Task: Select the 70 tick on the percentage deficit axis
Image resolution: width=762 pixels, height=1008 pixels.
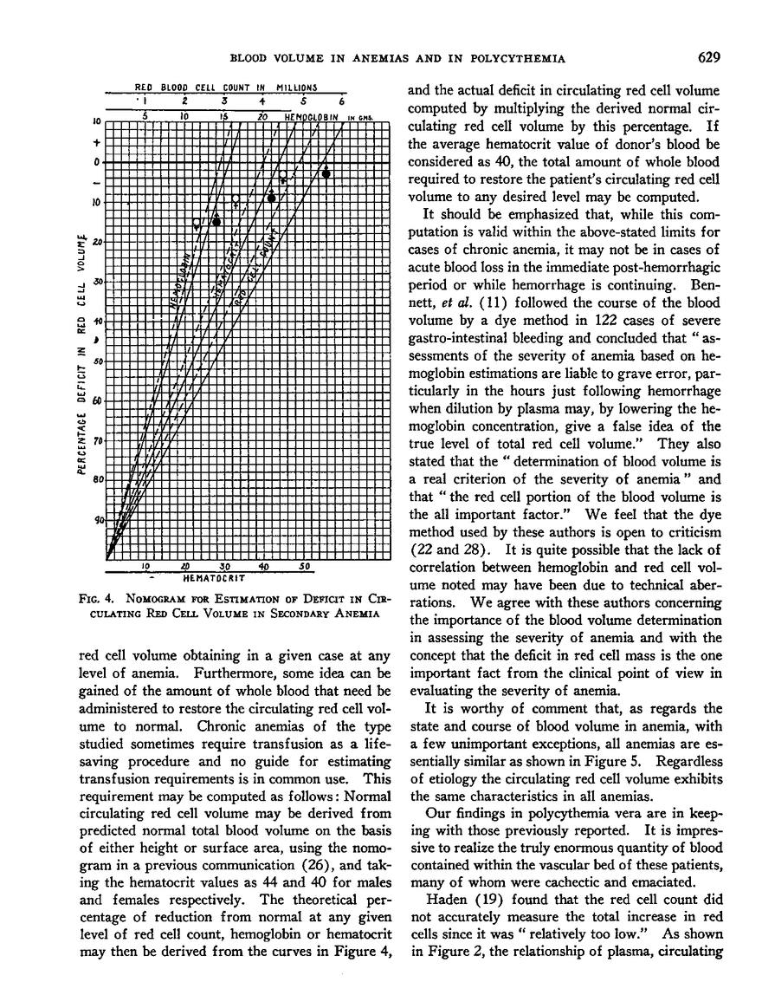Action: coord(99,440)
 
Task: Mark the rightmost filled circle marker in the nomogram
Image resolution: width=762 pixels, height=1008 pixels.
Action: coord(326,173)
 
